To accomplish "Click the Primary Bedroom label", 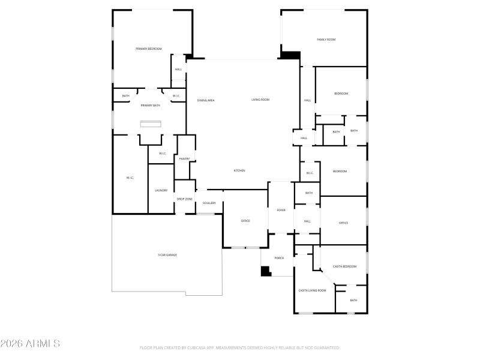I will (x=148, y=49).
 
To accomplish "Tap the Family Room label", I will (x=326, y=40).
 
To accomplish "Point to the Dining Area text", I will (x=206, y=100).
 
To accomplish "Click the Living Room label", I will (x=260, y=100).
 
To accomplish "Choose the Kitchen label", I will (x=239, y=171).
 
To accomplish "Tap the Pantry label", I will (x=185, y=159).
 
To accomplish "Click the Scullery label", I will (x=209, y=203).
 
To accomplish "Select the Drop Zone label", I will (x=184, y=199).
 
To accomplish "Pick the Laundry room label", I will (x=161, y=190).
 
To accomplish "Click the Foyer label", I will (x=281, y=210).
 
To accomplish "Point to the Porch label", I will (x=279, y=258).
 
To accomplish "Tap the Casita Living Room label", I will (x=312, y=290).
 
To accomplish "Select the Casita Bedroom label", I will (x=344, y=266).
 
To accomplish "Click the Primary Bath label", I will (x=150, y=106).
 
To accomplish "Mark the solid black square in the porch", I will (x=265, y=271).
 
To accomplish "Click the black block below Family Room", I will (x=291, y=55).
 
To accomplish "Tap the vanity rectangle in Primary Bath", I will (x=151, y=124).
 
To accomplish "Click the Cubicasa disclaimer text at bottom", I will (x=240, y=347).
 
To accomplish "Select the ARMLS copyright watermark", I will (x=30, y=344).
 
